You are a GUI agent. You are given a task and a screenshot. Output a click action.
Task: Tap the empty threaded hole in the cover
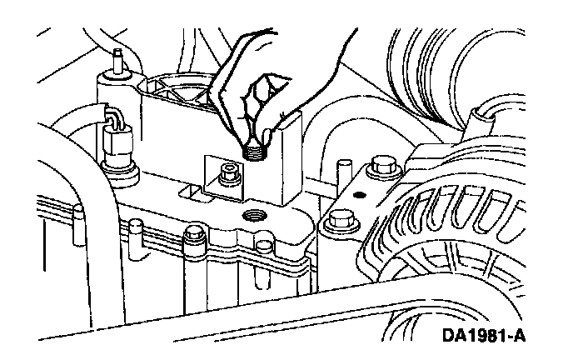tap(252, 215)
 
